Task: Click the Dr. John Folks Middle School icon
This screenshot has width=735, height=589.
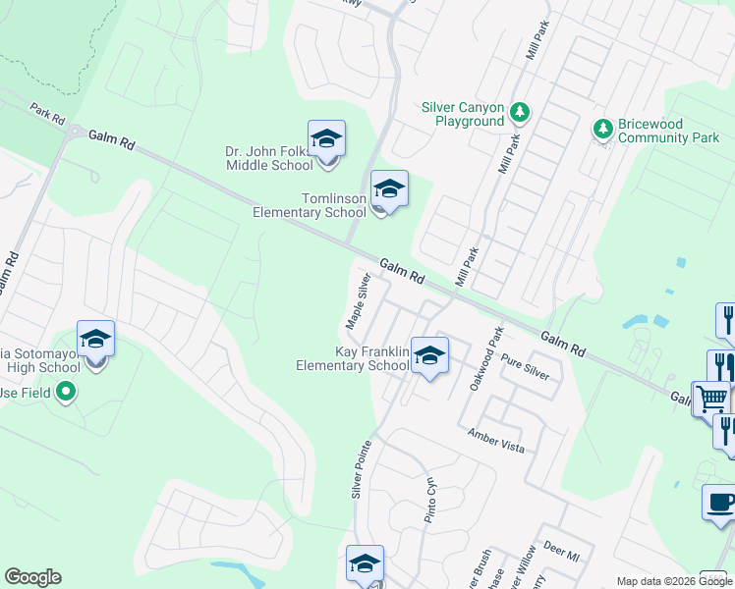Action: (326, 141)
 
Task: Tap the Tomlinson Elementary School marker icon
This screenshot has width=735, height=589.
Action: (389, 190)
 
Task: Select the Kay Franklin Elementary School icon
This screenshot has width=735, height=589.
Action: (428, 357)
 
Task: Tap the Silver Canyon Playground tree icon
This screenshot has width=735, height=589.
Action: (520, 114)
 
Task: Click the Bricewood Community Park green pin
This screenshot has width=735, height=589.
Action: (602, 129)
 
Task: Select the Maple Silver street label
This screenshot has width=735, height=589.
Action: (357, 301)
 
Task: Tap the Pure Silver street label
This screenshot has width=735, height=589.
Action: (525, 368)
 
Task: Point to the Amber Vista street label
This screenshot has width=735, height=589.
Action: (496, 440)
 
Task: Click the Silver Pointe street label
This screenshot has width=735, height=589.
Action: (362, 468)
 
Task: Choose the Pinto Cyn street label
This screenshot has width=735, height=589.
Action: (429, 501)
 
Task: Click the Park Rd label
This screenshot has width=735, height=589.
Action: (46, 114)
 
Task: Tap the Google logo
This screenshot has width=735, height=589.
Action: (32, 577)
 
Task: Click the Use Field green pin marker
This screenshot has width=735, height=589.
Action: (66, 394)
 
